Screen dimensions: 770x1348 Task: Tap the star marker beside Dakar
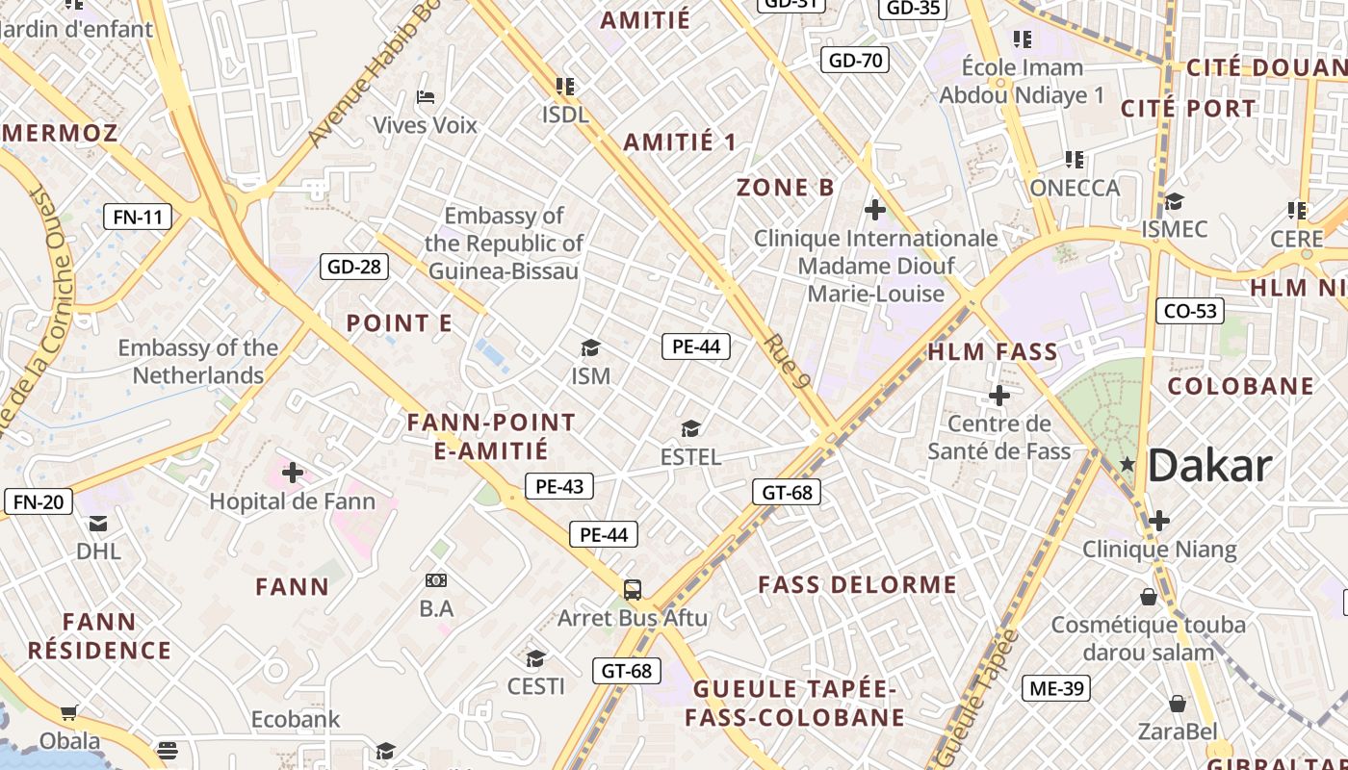1128,465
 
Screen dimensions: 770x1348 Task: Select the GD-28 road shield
354,267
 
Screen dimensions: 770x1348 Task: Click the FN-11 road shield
138,217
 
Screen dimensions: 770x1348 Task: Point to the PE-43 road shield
559,486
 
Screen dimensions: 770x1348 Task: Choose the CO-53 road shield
1190,311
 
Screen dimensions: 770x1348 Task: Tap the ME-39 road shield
1056,688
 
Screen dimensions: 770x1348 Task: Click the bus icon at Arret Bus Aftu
633,590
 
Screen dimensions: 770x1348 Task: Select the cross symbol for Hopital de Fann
293,473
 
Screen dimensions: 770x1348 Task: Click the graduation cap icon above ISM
590,347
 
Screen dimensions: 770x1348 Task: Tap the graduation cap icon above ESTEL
690,428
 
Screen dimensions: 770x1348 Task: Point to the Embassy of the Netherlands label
197,361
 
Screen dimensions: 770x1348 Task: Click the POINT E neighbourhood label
399,323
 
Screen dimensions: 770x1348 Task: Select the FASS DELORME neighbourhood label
857,585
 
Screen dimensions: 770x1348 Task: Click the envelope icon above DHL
98,524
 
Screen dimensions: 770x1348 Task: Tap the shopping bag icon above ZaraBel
1177,704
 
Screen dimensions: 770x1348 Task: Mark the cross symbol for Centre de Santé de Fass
998,395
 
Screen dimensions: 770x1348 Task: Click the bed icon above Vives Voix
426,97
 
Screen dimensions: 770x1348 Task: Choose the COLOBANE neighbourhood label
1240,387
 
